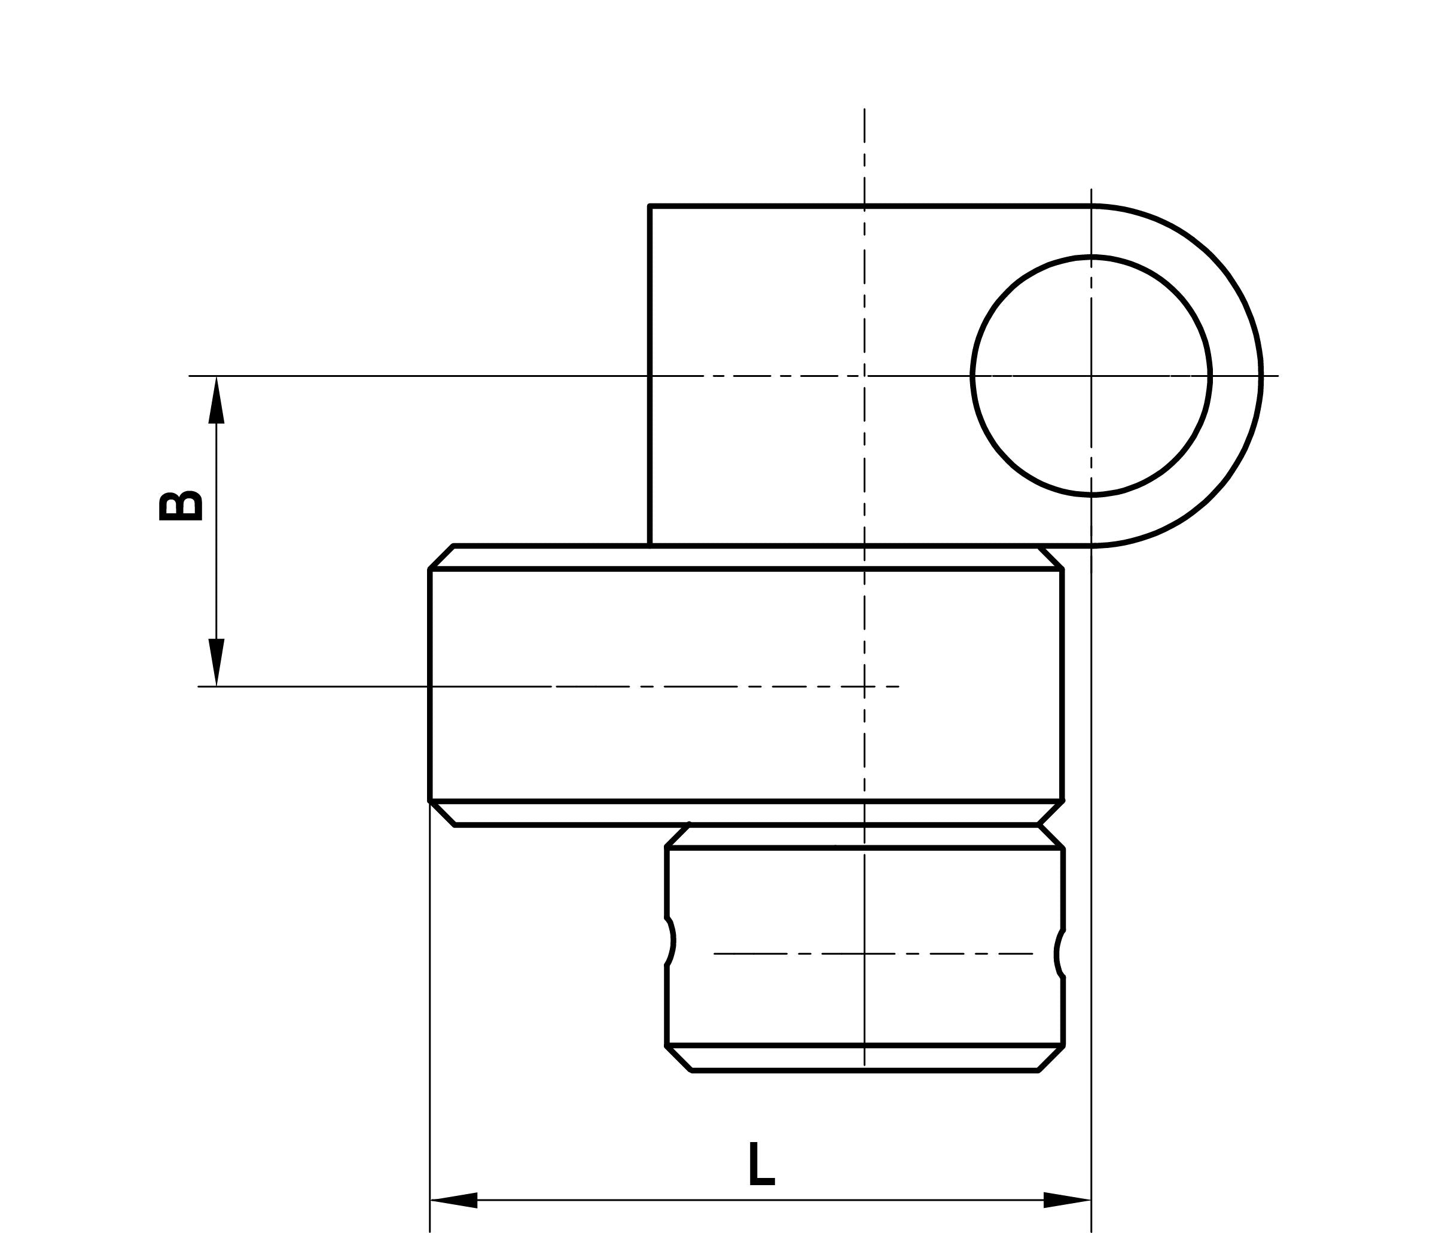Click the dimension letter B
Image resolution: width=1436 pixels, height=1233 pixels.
point(181,506)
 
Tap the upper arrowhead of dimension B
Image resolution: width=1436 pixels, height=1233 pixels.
point(217,401)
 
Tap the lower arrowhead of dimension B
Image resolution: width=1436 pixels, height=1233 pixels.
point(217,662)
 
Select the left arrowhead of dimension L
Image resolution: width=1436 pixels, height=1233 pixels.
point(454,1199)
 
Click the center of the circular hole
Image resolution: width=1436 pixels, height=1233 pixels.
point(1091,376)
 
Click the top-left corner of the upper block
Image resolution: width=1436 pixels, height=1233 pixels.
point(650,206)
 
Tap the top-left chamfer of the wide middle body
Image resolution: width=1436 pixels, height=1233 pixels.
point(441,557)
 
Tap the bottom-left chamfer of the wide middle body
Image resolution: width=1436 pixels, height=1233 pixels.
point(442,813)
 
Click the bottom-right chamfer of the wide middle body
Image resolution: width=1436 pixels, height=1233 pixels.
point(1051,813)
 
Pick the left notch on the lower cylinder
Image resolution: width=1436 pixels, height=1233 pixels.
point(672,940)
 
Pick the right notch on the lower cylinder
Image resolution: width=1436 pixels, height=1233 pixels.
point(1058,954)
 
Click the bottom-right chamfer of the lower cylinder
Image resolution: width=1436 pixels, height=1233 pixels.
point(1051,1058)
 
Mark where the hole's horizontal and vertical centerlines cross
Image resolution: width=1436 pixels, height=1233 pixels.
point(1091,376)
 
